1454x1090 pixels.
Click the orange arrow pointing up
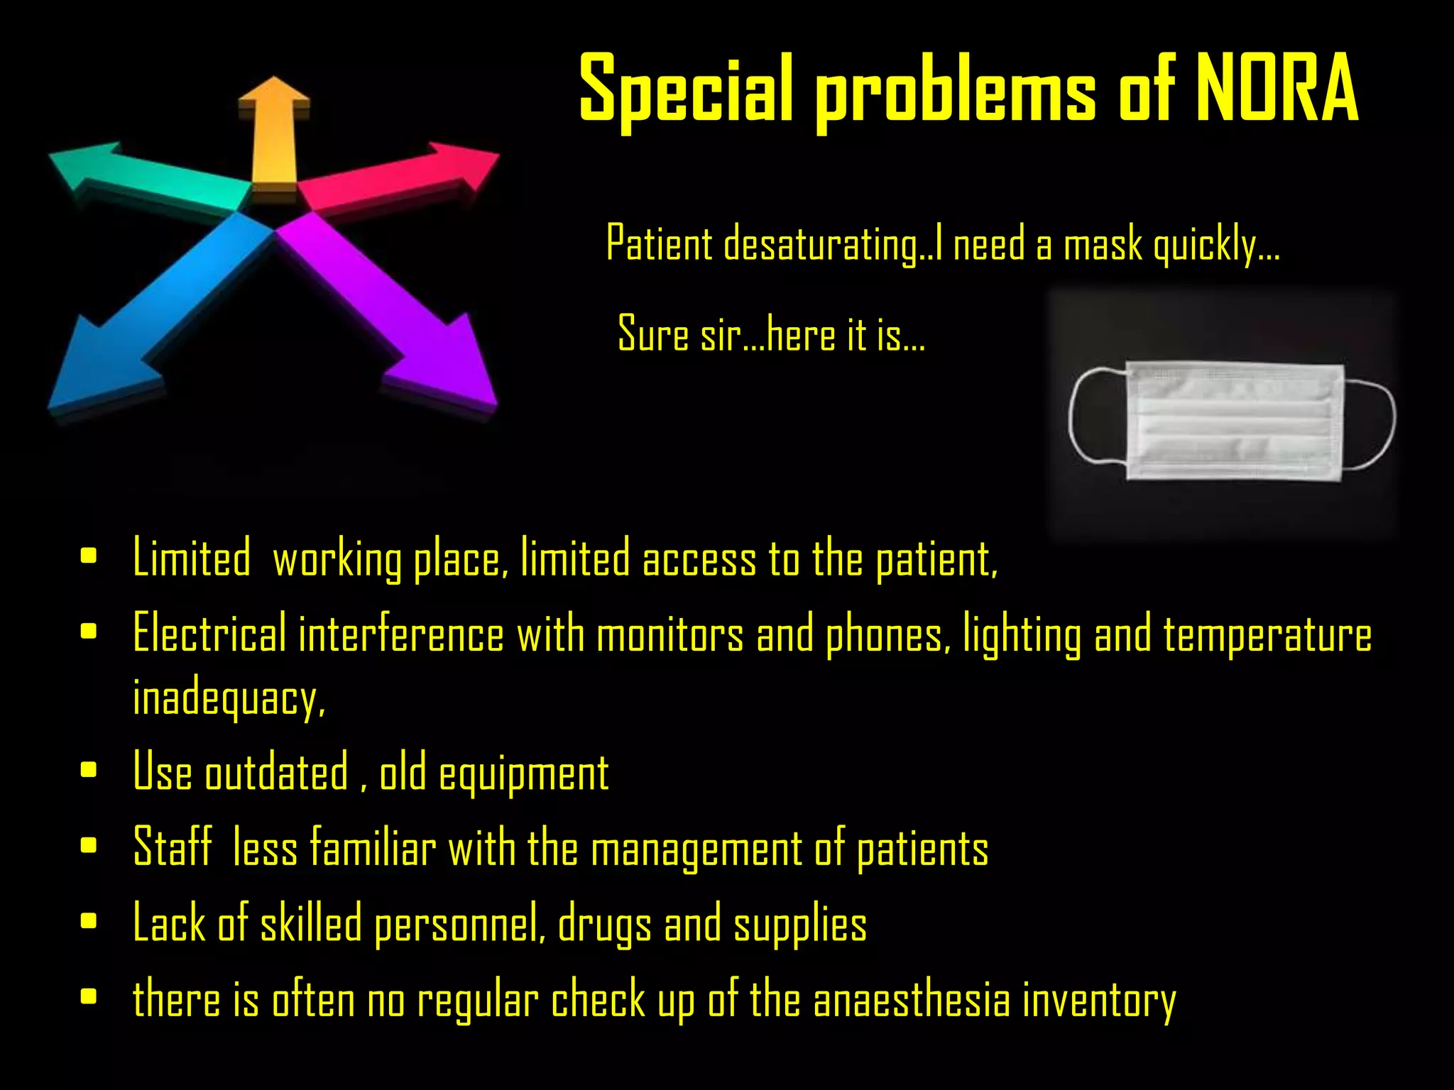[x=274, y=131]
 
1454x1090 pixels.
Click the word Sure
[x=653, y=334]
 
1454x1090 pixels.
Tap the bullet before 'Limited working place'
[x=89, y=556]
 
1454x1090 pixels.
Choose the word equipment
[x=523, y=774]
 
